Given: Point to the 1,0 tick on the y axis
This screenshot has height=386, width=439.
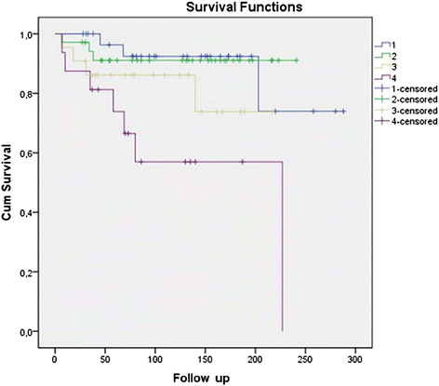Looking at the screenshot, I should click(29, 34).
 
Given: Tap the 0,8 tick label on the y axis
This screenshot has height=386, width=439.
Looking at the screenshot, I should click(29, 94).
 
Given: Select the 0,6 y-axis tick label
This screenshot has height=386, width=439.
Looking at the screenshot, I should click(29, 153).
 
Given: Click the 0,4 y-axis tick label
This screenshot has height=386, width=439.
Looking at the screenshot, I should click(29, 213).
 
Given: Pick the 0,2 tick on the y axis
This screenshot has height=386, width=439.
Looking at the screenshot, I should click(29, 273).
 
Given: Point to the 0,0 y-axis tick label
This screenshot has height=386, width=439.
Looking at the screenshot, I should click(29, 332).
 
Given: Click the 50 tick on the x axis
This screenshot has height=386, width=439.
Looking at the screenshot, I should click(105, 358).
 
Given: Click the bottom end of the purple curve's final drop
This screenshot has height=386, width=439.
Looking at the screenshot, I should click(282, 330).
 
